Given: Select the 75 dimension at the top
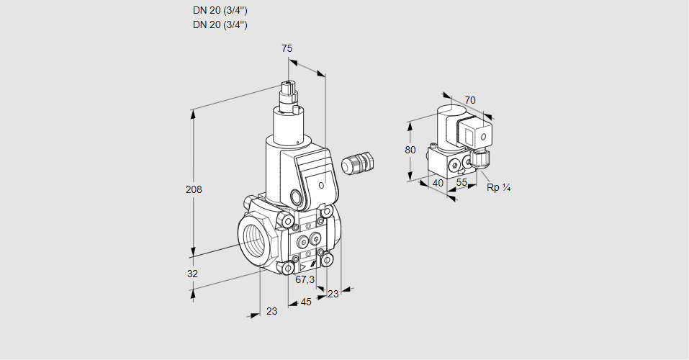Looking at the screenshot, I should click(x=287, y=48).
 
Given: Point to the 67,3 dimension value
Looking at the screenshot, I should click(x=305, y=279).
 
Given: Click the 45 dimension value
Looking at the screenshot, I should click(x=306, y=302).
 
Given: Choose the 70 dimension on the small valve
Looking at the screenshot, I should click(x=470, y=100).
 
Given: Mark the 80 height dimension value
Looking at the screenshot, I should click(x=410, y=150).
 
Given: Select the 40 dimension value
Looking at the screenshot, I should click(x=437, y=183).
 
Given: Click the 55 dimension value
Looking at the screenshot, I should click(x=462, y=183).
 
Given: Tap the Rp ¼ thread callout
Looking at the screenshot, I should click(x=498, y=188).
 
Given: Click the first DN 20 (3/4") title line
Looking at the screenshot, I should click(x=220, y=10).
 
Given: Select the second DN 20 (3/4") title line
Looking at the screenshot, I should click(x=220, y=24).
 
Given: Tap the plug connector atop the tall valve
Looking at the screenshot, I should click(x=290, y=94).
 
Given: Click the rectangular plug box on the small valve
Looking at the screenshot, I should click(x=475, y=134).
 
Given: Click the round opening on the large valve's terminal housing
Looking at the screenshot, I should click(x=297, y=197).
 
